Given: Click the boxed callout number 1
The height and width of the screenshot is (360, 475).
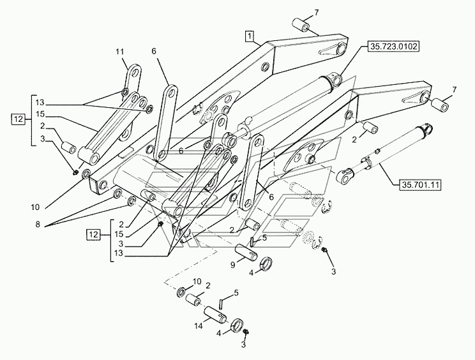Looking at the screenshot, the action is coord(249,36).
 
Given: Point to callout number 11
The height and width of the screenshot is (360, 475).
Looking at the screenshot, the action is coord(120,52).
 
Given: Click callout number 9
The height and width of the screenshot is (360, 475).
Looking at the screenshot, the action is coord(232,265).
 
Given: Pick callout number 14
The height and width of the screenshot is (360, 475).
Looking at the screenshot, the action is coord(199,326).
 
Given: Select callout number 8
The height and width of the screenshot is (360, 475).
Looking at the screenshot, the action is coord(38,224).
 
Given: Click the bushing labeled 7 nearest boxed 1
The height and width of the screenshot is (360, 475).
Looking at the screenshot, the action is coord(301,24).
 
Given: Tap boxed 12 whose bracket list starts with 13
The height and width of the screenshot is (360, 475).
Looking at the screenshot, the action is coord(19,119).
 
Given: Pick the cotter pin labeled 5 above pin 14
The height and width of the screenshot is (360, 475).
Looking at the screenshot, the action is coord(221,302).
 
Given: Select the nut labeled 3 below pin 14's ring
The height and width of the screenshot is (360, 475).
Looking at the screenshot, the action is coord(246,332).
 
